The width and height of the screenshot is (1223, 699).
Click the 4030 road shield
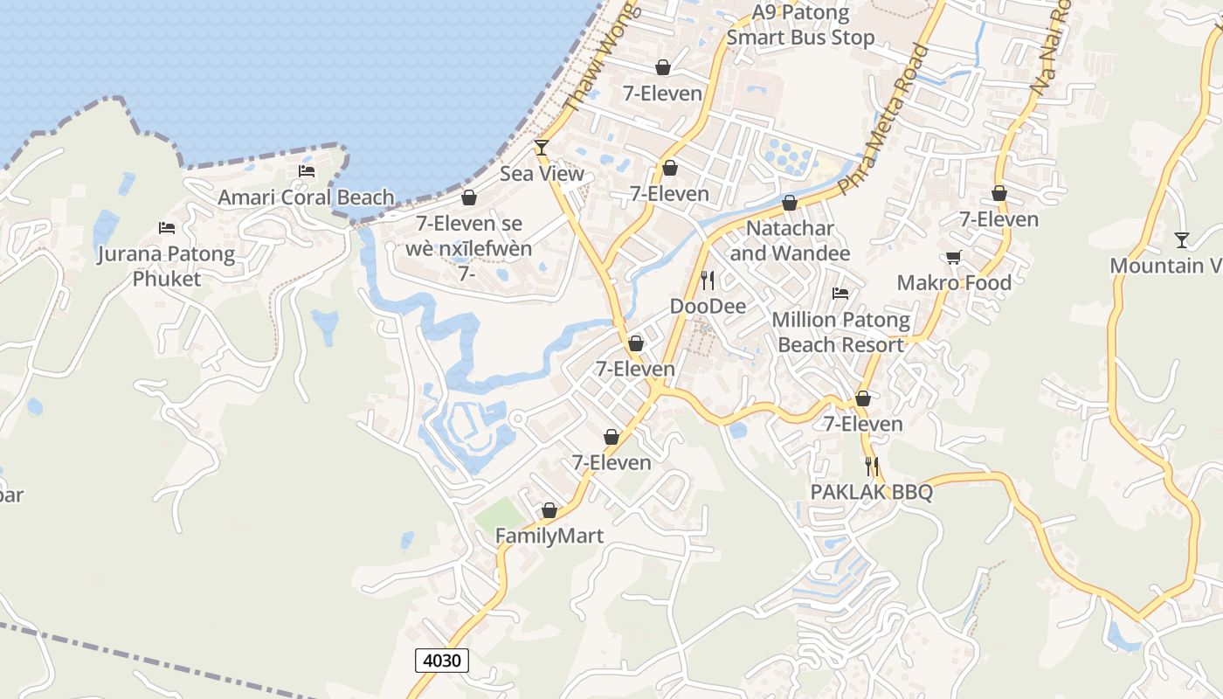(441, 661)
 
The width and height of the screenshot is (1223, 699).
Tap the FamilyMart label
(549, 536)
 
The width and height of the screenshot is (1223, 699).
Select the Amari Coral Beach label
(306, 197)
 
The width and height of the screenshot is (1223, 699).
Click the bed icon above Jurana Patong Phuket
(167, 228)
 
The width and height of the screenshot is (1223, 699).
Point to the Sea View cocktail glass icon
(542, 147)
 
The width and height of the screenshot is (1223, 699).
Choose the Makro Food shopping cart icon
(954, 257)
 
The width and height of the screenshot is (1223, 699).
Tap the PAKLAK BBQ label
(872, 492)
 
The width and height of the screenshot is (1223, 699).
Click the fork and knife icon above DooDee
(708, 280)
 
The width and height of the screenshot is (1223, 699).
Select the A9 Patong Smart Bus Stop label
(800, 25)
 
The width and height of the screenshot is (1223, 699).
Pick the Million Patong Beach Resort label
(840, 332)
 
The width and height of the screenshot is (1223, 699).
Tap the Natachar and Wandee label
(790, 240)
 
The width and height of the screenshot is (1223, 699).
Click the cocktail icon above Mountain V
(1182, 239)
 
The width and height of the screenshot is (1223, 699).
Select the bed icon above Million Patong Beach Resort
(840, 294)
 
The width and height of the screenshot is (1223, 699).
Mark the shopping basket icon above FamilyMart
(549, 510)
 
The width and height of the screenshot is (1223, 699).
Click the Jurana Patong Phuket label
(166, 266)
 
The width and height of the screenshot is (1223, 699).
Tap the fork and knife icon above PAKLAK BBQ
(871, 466)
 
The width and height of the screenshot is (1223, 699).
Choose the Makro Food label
(954, 283)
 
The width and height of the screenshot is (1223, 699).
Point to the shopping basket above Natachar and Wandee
(790, 203)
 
